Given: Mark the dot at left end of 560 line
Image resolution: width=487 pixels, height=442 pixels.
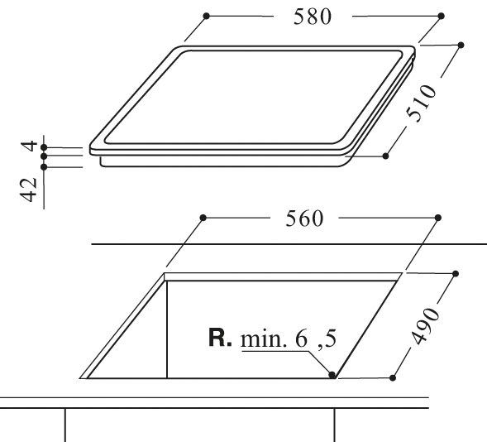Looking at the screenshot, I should click(x=202, y=219).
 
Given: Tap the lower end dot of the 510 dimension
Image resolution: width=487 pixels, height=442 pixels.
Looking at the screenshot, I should click(x=385, y=156).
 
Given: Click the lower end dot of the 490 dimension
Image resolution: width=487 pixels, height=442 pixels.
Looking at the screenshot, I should click(x=394, y=377).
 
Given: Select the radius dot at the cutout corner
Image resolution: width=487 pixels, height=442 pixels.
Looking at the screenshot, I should click(x=332, y=376).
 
